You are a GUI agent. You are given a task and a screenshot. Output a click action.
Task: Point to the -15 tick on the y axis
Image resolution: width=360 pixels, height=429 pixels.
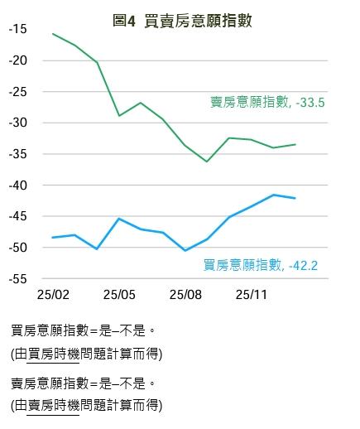click(18, 29)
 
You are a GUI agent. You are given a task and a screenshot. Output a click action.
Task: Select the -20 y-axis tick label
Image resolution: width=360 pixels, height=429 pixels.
click(18, 60)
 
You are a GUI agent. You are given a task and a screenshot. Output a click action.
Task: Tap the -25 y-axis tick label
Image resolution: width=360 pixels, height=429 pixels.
click(18, 91)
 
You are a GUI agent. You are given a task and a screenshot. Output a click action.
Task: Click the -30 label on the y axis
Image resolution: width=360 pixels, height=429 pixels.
click(18, 123)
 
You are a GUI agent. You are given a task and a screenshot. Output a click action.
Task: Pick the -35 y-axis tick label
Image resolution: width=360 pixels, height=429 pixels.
click(18, 154)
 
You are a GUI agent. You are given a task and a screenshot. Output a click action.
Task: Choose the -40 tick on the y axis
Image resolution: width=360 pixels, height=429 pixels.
click(18, 186)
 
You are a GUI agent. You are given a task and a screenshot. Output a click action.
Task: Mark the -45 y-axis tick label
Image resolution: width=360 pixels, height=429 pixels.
click(18, 216)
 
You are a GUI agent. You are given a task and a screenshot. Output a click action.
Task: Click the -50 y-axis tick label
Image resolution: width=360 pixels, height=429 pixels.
click(18, 248)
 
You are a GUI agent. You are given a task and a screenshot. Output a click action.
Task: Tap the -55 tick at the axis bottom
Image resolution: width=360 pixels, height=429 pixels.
click(18, 279)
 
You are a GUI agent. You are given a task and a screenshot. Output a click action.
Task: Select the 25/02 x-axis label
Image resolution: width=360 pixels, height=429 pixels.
click(53, 294)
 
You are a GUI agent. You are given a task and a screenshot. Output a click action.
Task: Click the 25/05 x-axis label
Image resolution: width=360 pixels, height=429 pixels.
click(119, 294)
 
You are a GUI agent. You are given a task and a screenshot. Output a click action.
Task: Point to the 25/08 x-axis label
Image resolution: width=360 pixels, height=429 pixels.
click(185, 294)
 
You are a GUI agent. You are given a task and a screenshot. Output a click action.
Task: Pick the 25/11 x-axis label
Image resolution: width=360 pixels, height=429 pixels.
click(251, 294)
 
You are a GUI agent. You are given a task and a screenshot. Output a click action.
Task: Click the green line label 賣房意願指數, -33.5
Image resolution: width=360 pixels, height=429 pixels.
click(266, 103)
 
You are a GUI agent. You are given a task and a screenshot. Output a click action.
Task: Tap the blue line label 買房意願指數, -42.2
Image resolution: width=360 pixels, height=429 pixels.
click(261, 265)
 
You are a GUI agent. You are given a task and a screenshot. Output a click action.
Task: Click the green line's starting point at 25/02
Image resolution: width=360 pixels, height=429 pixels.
click(53, 34)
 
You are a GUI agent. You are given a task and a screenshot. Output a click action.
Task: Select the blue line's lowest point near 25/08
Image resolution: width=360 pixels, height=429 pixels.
click(185, 250)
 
